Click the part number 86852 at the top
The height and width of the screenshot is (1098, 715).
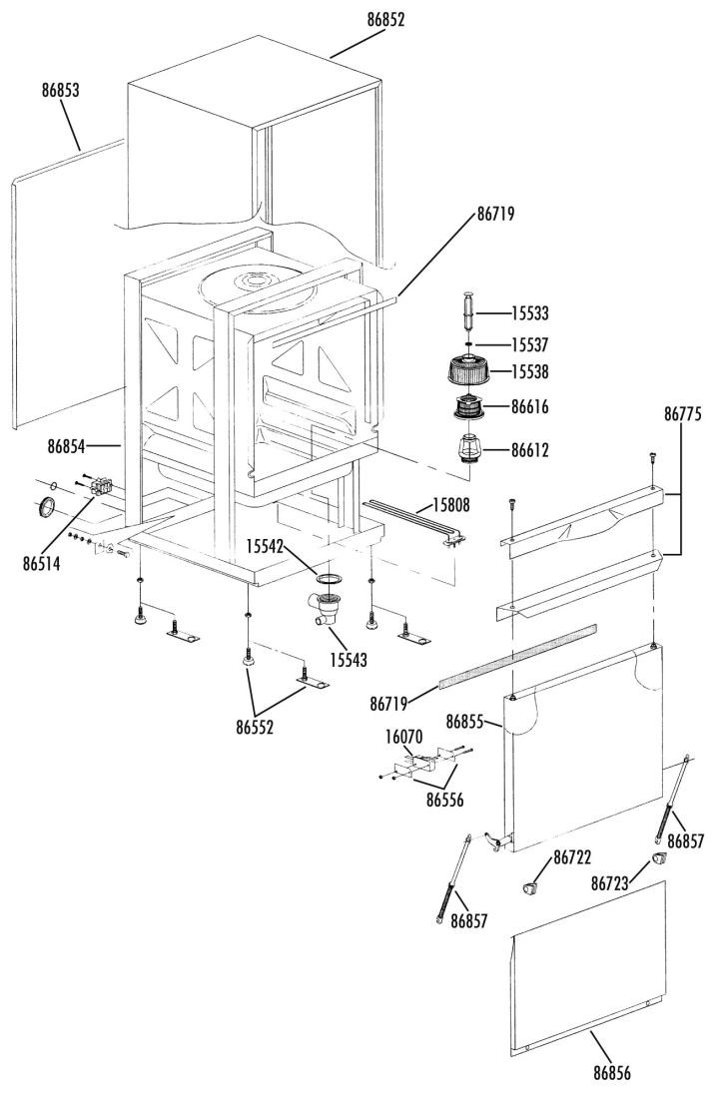(x=385, y=20)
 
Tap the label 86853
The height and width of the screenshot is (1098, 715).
(x=60, y=90)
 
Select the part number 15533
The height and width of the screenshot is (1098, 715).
(x=529, y=313)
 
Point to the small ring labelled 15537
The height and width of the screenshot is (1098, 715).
(x=468, y=343)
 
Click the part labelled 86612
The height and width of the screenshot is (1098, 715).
(x=469, y=448)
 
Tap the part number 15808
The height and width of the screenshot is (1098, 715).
(x=451, y=505)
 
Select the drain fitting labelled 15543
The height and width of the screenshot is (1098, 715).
(x=325, y=607)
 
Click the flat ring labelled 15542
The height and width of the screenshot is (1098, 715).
(x=330, y=578)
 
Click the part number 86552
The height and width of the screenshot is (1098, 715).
(x=255, y=728)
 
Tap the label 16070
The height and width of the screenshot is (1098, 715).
(x=403, y=737)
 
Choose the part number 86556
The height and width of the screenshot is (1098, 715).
(x=444, y=799)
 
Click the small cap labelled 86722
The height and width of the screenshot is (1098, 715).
(x=531, y=888)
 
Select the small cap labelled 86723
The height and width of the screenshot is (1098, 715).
(x=659, y=858)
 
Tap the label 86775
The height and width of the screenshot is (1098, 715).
(x=682, y=414)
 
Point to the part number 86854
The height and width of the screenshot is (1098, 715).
(x=66, y=446)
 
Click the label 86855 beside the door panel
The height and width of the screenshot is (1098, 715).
(x=464, y=722)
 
